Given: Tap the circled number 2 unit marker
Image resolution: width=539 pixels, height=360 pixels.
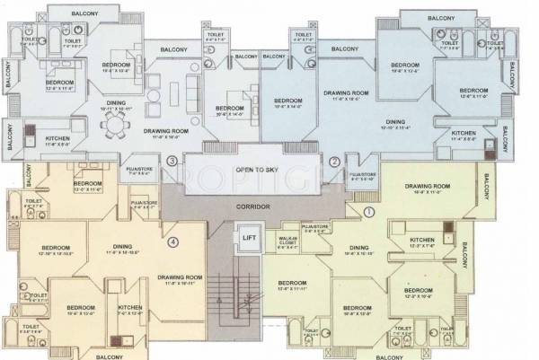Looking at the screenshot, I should pyautogui.click(x=334, y=162).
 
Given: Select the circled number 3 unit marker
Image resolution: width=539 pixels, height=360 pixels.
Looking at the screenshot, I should pyautogui.click(x=172, y=161).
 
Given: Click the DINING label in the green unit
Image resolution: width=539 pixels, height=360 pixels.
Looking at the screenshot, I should pyautogui.click(x=360, y=248).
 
